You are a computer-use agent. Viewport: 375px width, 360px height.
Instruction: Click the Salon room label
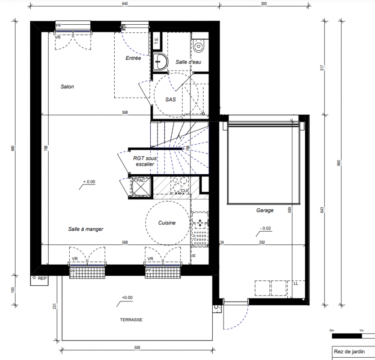tap(67, 87)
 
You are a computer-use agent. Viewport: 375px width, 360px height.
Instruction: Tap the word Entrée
tap(133, 58)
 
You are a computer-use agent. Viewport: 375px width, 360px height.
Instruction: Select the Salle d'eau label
tap(188, 62)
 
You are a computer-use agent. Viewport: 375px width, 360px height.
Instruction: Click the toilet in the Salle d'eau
tap(199, 45)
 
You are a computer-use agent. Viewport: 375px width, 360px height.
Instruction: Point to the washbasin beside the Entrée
tap(160, 62)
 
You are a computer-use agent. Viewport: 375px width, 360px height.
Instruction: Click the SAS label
tap(170, 99)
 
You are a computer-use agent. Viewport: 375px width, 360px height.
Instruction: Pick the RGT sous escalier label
tap(145, 161)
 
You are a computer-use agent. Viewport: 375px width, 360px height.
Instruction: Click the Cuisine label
tap(167, 223)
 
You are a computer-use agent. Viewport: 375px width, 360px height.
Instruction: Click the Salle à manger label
tap(85, 229)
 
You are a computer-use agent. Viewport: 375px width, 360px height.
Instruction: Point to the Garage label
tap(265, 211)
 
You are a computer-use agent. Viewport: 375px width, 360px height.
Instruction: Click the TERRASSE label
tap(131, 320)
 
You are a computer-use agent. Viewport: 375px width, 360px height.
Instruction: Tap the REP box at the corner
tap(39, 280)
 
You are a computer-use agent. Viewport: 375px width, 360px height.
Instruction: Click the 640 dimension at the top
tap(125, 4)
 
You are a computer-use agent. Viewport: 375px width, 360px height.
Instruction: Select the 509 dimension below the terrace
tap(137, 347)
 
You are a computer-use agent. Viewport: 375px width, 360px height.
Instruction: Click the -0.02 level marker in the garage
tap(265, 228)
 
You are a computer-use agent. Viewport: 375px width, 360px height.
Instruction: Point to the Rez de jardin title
tap(349, 351)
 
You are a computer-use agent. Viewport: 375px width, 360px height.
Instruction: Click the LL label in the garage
tap(296, 283)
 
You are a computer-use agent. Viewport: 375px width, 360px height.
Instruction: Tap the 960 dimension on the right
tap(339, 163)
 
